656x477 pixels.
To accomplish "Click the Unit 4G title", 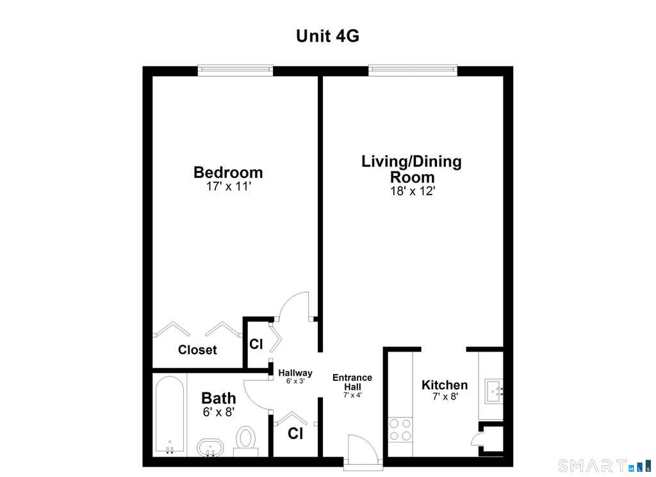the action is pyautogui.click(x=327, y=36).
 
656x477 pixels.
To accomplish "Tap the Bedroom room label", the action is pyautogui.click(x=228, y=172).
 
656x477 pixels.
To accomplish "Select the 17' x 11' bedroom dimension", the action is pyautogui.click(x=228, y=186).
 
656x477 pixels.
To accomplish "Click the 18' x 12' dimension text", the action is pyautogui.click(x=413, y=191).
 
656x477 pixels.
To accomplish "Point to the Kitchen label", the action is pyautogui.click(x=445, y=385).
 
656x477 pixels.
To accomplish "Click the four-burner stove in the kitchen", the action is pyautogui.click(x=400, y=430).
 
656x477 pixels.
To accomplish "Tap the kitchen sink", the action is pyautogui.click(x=494, y=391).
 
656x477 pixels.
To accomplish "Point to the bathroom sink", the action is pyautogui.click(x=210, y=448).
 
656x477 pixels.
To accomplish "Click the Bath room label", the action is pyautogui.click(x=218, y=398).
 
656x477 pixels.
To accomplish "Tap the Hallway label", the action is pyautogui.click(x=295, y=373).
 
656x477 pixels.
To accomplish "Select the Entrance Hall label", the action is pyautogui.click(x=352, y=382).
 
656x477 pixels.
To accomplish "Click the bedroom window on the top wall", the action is pyautogui.click(x=236, y=70).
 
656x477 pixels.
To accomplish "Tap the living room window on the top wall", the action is pyautogui.click(x=413, y=70).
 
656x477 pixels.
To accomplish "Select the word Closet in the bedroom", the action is pyautogui.click(x=197, y=350).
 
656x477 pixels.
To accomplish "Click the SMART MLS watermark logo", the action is pyautogui.click(x=604, y=465).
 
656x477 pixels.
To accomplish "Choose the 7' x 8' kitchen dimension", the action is pyautogui.click(x=445, y=396).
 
